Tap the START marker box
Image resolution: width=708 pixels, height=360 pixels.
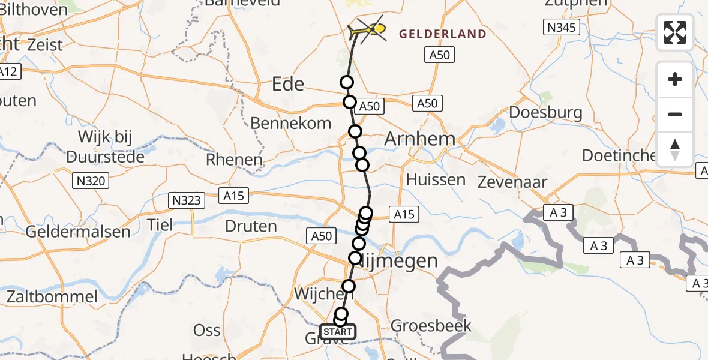(x=338, y=332)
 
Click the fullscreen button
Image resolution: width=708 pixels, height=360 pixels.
(x=674, y=32)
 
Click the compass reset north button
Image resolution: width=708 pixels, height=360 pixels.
(x=674, y=149)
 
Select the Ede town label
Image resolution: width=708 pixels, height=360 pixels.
(x=288, y=84)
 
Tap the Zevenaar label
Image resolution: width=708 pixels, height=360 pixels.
(x=512, y=182)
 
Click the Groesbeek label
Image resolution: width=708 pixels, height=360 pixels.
(x=431, y=326)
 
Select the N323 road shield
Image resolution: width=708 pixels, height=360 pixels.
(x=187, y=200)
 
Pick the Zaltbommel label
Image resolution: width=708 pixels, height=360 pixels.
(x=52, y=296)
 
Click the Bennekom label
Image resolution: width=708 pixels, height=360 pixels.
(x=290, y=124)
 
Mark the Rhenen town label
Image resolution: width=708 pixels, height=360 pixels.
(x=234, y=160)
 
